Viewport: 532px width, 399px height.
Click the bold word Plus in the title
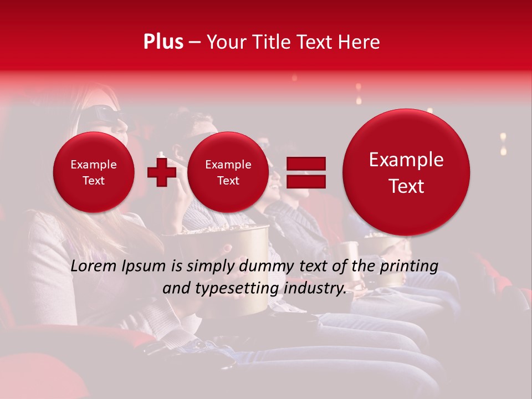tap(163, 42)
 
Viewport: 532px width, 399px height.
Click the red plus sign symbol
tap(161, 172)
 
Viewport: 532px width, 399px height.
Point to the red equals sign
tap(305, 172)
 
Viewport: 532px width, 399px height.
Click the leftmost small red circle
tap(93, 172)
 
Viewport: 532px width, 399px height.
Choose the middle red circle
tap(228, 172)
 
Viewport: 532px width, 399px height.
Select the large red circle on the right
tap(406, 172)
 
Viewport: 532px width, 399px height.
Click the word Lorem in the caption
tap(94, 266)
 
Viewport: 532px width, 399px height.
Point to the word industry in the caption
tap(314, 288)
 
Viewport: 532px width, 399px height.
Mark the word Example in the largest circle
tap(406, 160)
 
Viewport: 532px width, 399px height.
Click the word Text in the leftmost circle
tap(93, 181)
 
